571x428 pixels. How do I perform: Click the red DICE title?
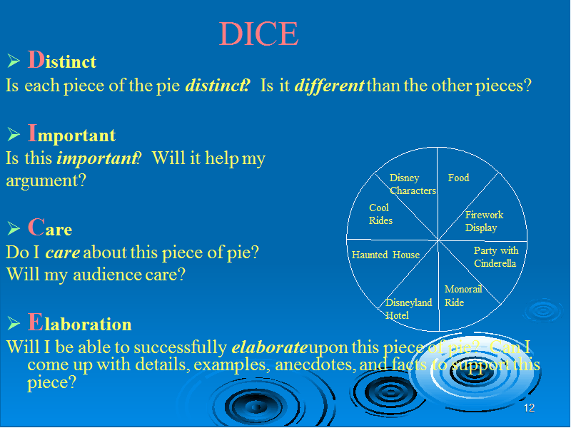(258, 34)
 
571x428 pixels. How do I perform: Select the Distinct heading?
(62, 60)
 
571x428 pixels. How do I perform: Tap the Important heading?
(72, 133)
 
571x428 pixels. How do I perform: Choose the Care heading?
(50, 228)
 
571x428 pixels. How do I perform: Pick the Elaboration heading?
(79, 322)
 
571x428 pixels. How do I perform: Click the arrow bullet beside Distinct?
(14, 61)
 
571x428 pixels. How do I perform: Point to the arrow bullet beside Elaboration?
(14, 323)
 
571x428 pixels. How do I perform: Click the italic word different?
(329, 86)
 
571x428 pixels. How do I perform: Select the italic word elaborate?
(270, 347)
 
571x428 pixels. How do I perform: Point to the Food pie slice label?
(458, 178)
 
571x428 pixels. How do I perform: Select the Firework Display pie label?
(485, 221)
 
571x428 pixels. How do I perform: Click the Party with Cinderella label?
(496, 257)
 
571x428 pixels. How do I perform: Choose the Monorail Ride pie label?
(463, 295)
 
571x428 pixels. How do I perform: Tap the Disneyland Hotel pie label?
(408, 309)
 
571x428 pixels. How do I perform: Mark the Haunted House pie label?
(385, 255)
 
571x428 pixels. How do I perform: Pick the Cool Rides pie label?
(380, 214)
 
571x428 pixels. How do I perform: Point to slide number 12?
(529, 408)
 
